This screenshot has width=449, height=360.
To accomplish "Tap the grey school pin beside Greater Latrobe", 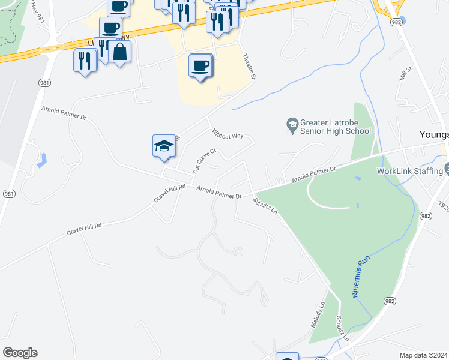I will pyautogui.click(x=292, y=125).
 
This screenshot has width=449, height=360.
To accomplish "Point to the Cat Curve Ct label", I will pyautogui.click(x=204, y=161).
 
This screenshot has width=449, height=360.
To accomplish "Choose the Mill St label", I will pyautogui.click(x=403, y=74).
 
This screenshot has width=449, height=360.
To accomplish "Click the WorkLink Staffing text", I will pyautogui.click(x=410, y=171).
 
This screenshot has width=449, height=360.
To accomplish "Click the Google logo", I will pyautogui.click(x=20, y=353).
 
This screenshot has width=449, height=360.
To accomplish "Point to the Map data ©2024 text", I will pyautogui.click(x=423, y=355).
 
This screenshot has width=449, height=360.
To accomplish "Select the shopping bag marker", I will pyautogui.click(x=120, y=52).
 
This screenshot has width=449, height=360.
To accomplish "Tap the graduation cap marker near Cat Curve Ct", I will pyautogui.click(x=164, y=146).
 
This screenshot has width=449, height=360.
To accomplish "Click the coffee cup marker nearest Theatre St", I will pyautogui.click(x=200, y=65).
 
